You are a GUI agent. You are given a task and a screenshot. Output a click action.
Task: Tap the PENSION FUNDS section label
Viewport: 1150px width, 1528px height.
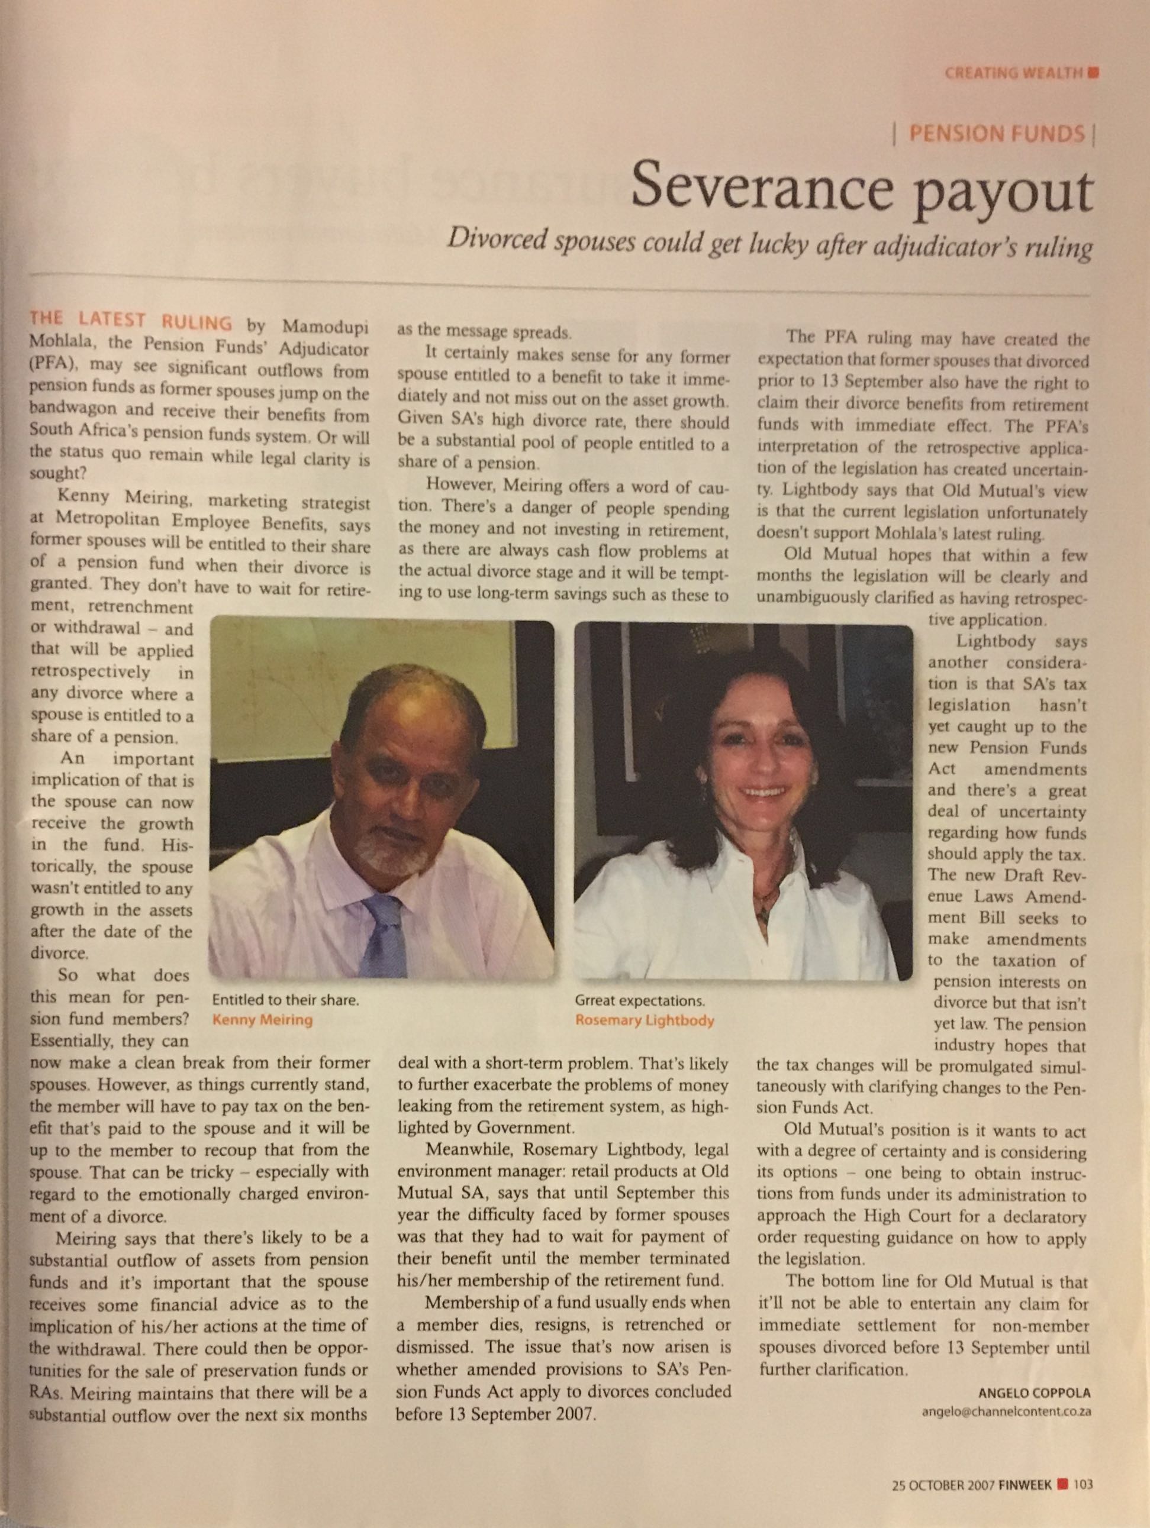click(x=996, y=133)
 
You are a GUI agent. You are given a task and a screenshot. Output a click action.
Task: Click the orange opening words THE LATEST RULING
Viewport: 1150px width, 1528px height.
click(x=131, y=321)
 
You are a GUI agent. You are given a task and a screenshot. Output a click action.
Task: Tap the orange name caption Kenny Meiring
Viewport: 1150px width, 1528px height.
click(x=262, y=1020)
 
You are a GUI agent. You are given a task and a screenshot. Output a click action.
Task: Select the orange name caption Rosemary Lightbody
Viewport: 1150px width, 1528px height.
click(x=644, y=1020)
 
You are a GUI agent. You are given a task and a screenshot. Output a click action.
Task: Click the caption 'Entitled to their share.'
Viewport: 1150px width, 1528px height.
click(x=285, y=1000)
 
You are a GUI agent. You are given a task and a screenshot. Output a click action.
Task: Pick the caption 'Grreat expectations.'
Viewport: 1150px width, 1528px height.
click(x=639, y=1000)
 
